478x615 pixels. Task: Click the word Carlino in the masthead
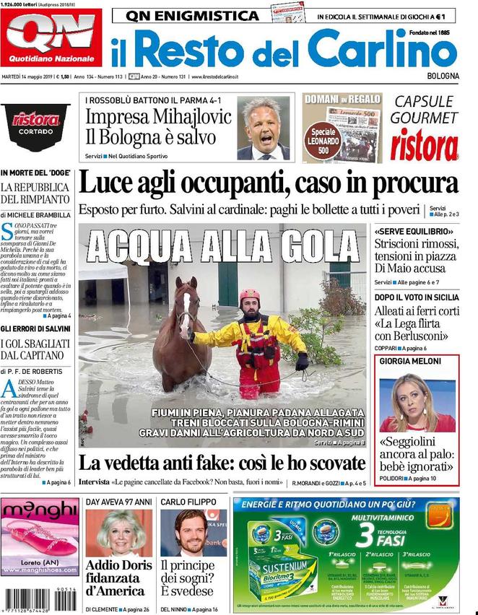383,51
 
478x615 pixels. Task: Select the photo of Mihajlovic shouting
264,128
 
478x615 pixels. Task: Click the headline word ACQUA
137,247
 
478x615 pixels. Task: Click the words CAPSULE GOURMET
425,110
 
